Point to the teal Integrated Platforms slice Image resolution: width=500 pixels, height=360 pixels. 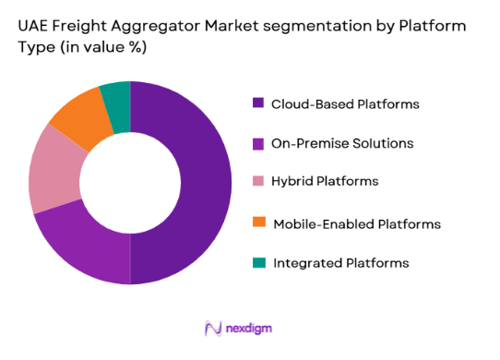click(x=116, y=94)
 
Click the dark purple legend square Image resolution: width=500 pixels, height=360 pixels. click(x=257, y=103)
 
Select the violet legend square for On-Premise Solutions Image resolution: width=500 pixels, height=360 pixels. click(x=257, y=143)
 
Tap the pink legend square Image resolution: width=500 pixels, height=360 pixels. click(x=257, y=183)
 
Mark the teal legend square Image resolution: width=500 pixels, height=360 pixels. click(x=257, y=263)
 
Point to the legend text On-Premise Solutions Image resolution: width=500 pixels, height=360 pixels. click(x=341, y=143)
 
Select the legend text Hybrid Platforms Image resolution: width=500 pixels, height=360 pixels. click(x=325, y=183)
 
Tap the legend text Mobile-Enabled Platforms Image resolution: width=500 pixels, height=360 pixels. click(x=355, y=223)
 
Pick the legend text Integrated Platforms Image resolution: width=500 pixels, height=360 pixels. click(x=339, y=263)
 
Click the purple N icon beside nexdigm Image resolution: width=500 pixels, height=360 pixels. click(x=214, y=328)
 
